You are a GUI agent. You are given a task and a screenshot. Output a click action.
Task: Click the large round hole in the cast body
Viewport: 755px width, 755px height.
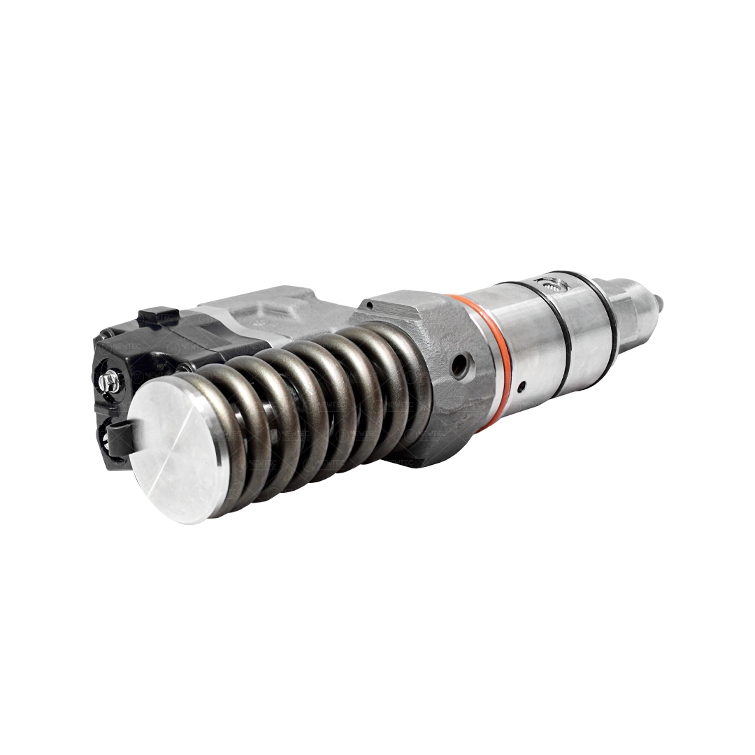tap(459, 366)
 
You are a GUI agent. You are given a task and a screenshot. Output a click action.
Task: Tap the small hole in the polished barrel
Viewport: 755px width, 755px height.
tap(521, 384)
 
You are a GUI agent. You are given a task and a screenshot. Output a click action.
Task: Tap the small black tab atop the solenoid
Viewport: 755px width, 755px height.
tap(157, 315)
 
